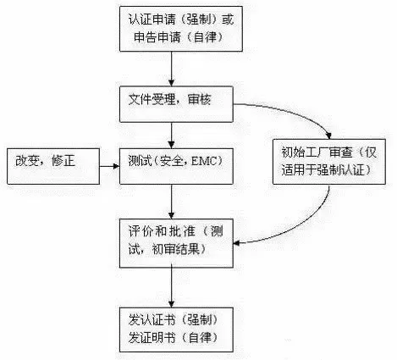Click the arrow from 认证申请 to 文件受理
[x=171, y=69]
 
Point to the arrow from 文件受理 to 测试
[x=171, y=136]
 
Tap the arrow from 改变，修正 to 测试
[x=110, y=166]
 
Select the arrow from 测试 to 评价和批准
[x=171, y=202]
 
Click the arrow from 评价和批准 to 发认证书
[x=171, y=287]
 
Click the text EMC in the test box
[x=204, y=161]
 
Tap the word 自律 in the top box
[x=205, y=37]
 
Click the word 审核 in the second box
[x=199, y=100]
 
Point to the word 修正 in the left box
[x=63, y=161]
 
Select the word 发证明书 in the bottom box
[x=152, y=338]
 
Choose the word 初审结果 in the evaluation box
[x=175, y=249]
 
